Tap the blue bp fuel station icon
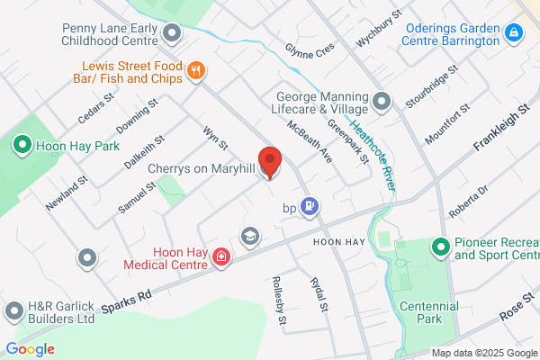click(x=310, y=208)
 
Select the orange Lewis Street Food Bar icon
click(x=195, y=70)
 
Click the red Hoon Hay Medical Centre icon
click(x=220, y=259)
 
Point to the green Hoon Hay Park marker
click(x=21, y=144)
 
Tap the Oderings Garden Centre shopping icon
click(x=514, y=34)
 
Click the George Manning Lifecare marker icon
click(x=382, y=101)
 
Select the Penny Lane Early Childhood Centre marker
click(x=174, y=34)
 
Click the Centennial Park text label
click(x=428, y=312)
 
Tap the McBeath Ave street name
click(x=310, y=140)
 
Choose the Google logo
click(x=30, y=348)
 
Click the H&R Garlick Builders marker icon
click(x=14, y=311)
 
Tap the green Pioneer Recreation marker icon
click(x=440, y=246)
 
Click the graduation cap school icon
click(x=249, y=236)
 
